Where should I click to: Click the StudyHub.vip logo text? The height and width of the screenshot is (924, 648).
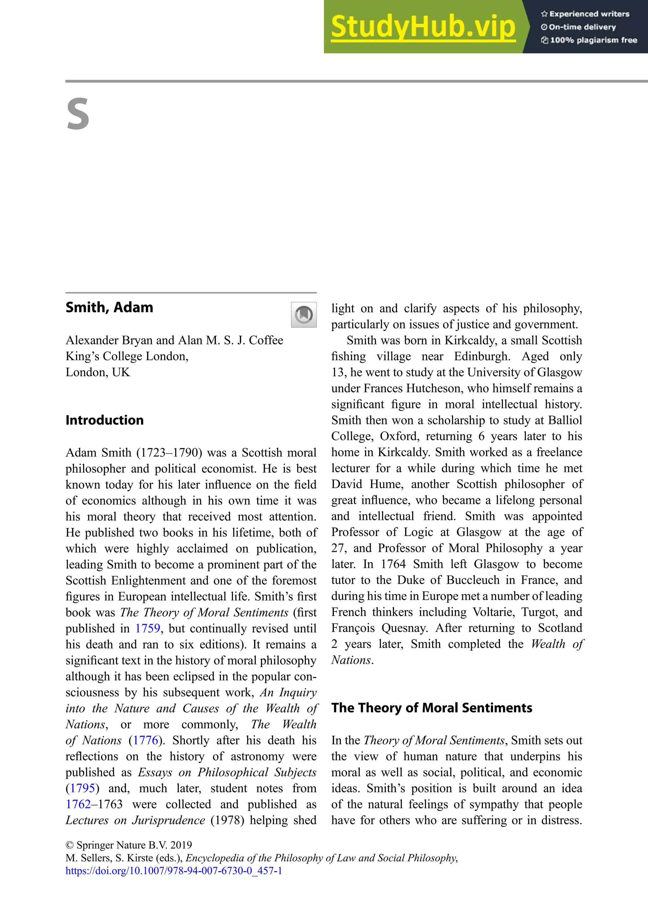423,27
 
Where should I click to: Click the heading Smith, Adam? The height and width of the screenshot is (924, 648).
109,307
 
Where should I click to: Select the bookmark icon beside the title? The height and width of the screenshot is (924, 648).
304,315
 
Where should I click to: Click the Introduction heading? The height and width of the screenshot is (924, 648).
104,420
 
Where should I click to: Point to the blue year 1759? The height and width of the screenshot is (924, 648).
147,628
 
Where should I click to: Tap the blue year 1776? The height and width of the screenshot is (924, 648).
145,740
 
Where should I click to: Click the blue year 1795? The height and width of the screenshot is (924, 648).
83,788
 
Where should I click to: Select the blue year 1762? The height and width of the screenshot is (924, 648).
78,804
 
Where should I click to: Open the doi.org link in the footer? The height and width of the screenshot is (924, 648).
174,871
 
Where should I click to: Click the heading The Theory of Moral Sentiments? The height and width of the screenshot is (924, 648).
431,708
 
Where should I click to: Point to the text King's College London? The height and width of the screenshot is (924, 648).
127,356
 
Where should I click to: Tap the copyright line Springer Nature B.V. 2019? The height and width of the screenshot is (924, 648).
129,845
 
